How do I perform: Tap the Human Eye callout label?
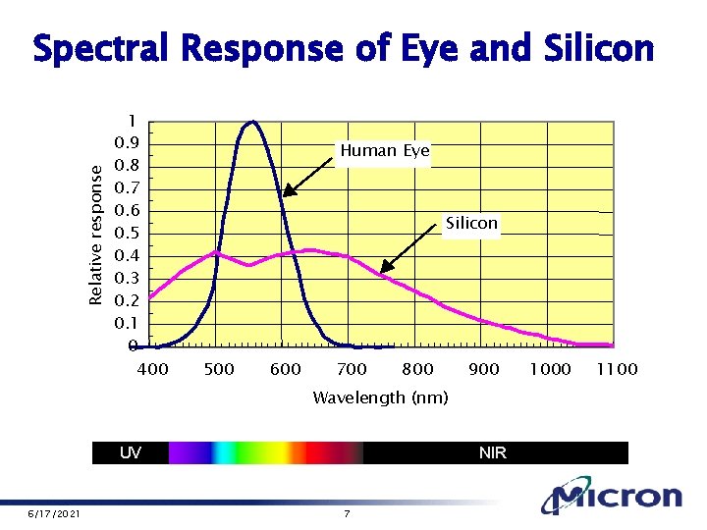pyautogui.click(x=384, y=151)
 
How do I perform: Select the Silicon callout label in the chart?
pyautogui.click(x=471, y=224)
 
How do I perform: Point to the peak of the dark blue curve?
pyautogui.click(x=253, y=123)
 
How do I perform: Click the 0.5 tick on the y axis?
pyautogui.click(x=126, y=234)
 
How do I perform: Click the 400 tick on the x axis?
pyautogui.click(x=152, y=369)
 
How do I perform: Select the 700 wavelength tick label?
pyautogui.click(x=352, y=369)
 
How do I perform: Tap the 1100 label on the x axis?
pyautogui.click(x=618, y=369)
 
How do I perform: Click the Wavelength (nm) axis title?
pyautogui.click(x=380, y=397)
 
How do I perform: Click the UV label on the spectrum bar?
pyautogui.click(x=130, y=452)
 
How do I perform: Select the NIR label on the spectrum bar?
pyautogui.click(x=493, y=452)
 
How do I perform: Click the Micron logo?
pyautogui.click(x=613, y=497)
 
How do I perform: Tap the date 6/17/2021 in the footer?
pyautogui.click(x=54, y=514)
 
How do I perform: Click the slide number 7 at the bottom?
pyautogui.click(x=347, y=514)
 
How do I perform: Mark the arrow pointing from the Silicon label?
pyautogui.click(x=410, y=246)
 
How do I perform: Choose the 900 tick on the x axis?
pyautogui.click(x=483, y=369)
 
